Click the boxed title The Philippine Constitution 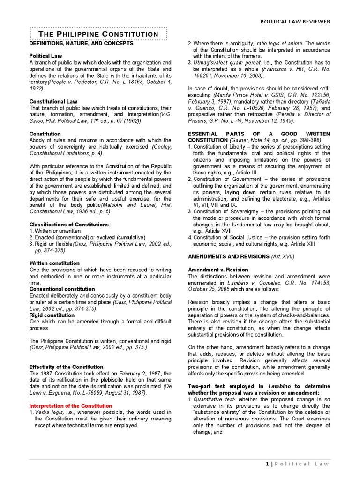tap(98, 34)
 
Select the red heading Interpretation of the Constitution tap(71, 405)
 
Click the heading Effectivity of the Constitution tap(66, 367)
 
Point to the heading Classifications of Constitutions tap(70, 225)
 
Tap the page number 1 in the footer tap(268, 464)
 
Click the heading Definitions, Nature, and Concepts tap(82, 44)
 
